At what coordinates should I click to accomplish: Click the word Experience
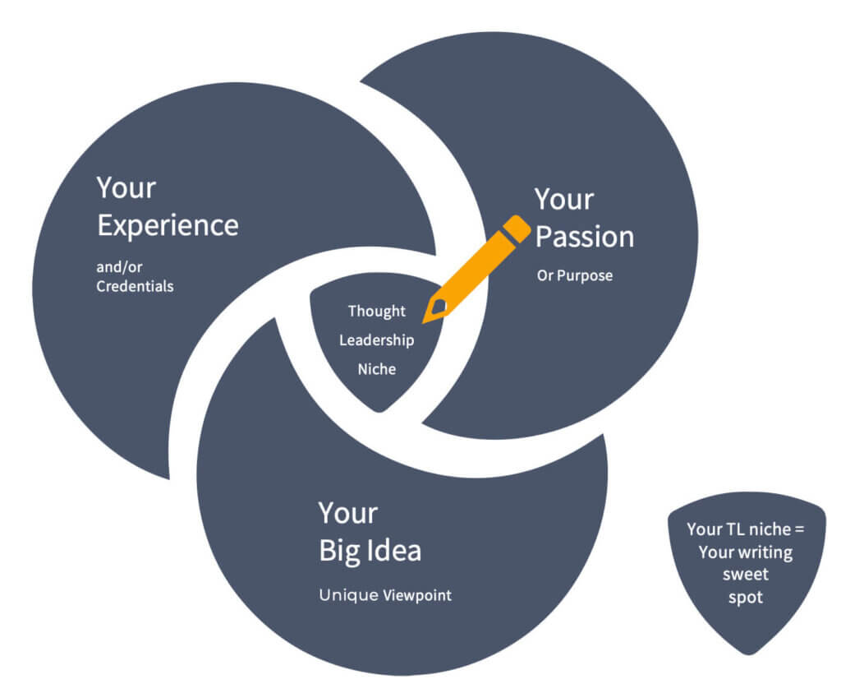coord(168,225)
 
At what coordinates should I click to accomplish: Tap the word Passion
coord(584,237)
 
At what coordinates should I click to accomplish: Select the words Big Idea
coord(370,550)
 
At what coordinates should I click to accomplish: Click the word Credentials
coord(135,286)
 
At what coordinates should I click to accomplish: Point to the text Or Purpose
coord(574,275)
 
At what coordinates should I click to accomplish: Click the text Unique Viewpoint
coord(384,595)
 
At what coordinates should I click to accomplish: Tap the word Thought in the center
coord(376,311)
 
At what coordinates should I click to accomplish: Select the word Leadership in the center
coord(376,340)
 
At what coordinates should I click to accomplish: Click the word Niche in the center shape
coord(376,369)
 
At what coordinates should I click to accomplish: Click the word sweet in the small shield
coord(745,575)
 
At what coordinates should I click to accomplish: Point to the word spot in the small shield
coord(745,597)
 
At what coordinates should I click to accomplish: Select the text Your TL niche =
coord(745,529)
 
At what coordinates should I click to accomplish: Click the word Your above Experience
coord(126,188)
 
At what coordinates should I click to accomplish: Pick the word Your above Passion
coord(563,200)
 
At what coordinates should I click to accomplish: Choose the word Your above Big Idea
coord(347,513)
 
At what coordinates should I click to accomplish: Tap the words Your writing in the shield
coord(745,552)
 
